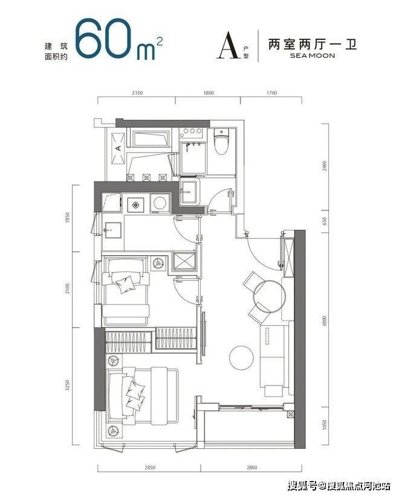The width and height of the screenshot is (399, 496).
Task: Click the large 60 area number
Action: [x=103, y=38]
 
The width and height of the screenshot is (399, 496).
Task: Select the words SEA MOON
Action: [x=312, y=56]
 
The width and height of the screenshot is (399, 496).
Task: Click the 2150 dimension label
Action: [x=137, y=93]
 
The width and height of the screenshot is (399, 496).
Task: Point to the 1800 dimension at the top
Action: [x=208, y=93]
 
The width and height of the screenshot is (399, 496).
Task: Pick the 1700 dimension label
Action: [x=271, y=93]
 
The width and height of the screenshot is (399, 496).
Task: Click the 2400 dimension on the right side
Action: [x=324, y=166]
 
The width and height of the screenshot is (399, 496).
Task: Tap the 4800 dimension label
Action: [x=324, y=320]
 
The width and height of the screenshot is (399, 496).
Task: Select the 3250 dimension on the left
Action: [x=67, y=386]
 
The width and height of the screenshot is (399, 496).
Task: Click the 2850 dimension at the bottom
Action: [x=149, y=467]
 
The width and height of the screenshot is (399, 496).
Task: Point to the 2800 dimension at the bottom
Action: [x=251, y=467]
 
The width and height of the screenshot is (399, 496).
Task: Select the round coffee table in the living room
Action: [x=241, y=358]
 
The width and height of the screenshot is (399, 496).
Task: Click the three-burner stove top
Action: [x=190, y=133]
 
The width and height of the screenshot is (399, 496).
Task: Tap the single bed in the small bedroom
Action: [x=126, y=291]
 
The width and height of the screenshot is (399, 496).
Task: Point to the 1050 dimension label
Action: [x=324, y=425]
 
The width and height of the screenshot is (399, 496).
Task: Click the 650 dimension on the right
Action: [x=324, y=221]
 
